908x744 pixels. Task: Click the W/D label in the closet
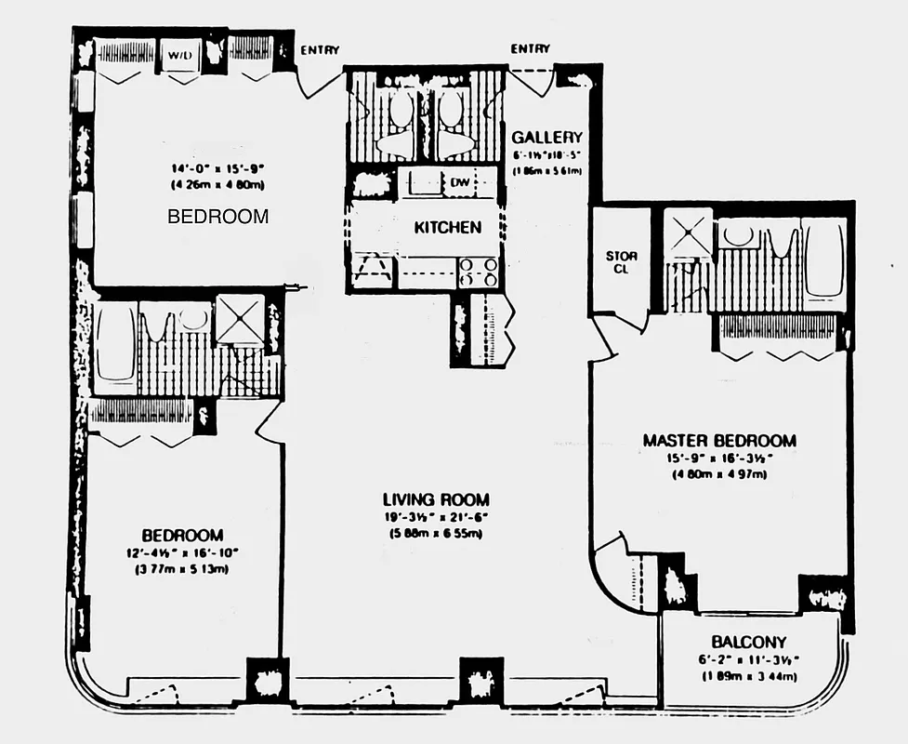[178, 55]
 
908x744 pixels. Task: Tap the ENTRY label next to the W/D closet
[320, 50]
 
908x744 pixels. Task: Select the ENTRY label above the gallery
[530, 48]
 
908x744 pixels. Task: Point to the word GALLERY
[547, 138]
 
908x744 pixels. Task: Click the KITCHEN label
[447, 227]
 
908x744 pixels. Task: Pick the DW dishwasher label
[460, 183]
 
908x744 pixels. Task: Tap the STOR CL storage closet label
[620, 263]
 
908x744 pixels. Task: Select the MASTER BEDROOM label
[719, 440]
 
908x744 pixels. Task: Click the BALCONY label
[749, 642]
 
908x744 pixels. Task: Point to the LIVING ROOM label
[436, 499]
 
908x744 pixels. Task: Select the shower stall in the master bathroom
[689, 233]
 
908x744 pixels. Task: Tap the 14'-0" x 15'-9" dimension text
[217, 169]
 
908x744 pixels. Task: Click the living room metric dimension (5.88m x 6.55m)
[436, 534]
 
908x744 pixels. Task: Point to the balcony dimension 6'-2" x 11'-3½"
[749, 659]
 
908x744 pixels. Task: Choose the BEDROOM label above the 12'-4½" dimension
[182, 535]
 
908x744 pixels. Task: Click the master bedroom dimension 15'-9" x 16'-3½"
[719, 458]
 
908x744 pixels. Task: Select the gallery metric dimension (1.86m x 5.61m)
[547, 171]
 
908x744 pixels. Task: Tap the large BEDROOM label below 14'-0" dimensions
[217, 217]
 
